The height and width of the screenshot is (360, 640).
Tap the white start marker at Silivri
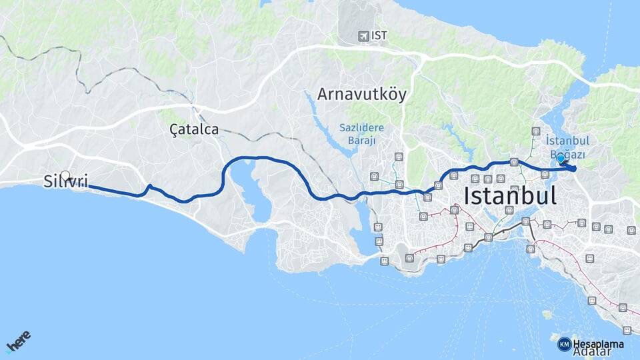click(x=65, y=176)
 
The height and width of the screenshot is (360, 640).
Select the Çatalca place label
click(x=193, y=130)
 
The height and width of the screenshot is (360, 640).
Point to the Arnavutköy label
click(x=361, y=94)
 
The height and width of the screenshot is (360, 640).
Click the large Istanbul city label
click(x=509, y=195)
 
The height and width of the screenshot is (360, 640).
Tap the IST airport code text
click(x=380, y=35)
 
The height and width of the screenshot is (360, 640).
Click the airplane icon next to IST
click(x=363, y=35)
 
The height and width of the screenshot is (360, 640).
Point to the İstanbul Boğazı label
click(x=567, y=147)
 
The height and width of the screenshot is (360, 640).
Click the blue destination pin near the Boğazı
click(x=561, y=159)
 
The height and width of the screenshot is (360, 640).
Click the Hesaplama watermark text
click(x=598, y=344)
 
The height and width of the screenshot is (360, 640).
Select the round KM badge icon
click(x=564, y=344)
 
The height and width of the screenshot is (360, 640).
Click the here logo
click(x=18, y=342)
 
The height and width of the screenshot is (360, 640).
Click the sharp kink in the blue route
click(x=150, y=186)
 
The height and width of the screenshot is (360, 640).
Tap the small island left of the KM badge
click(x=547, y=313)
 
